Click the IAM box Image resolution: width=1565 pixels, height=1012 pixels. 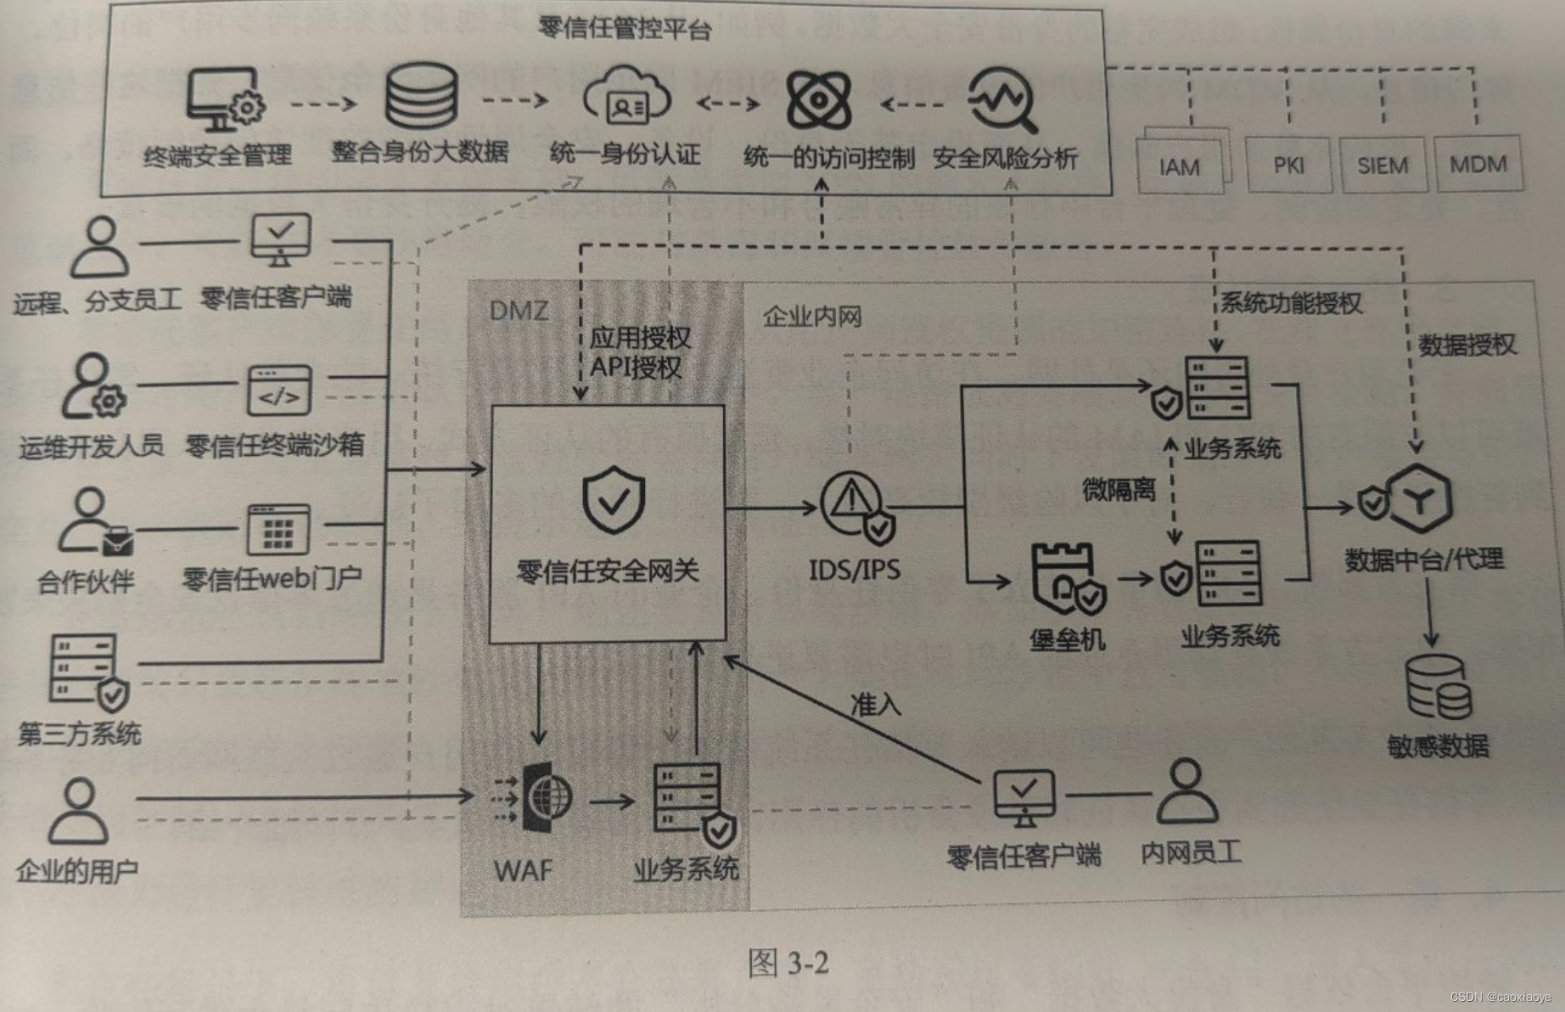1181,166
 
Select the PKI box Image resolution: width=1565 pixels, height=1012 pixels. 1288,164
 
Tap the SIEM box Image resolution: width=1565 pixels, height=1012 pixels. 1382,164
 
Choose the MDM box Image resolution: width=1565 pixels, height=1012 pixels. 1478,163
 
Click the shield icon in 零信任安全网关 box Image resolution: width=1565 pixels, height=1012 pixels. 614,500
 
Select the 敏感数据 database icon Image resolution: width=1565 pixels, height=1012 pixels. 1438,688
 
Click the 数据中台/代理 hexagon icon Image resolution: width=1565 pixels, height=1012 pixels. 1417,498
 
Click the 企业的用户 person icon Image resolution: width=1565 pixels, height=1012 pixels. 79,810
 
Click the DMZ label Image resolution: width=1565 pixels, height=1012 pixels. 519,310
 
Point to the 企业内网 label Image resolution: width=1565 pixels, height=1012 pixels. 812,317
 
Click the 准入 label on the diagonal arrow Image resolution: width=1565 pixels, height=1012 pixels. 875,704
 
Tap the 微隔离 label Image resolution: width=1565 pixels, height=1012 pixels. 1118,490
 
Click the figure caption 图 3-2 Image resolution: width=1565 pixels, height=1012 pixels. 788,964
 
